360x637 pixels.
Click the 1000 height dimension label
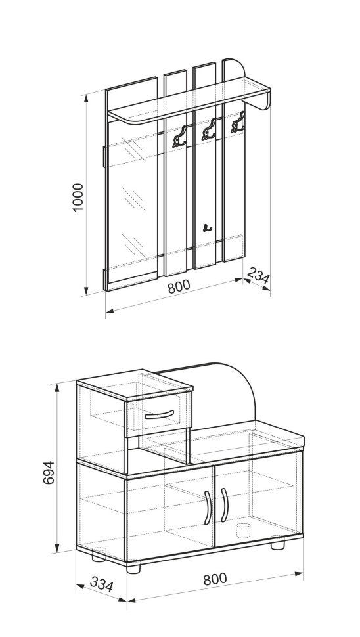(x=78, y=197)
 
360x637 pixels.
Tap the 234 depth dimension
(x=258, y=276)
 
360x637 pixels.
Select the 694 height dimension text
(x=49, y=472)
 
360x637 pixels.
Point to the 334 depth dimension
(x=101, y=584)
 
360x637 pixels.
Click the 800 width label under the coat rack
(x=179, y=286)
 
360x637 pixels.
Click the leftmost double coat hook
(x=179, y=137)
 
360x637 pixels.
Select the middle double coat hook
(x=209, y=129)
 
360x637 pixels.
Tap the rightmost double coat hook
(x=238, y=122)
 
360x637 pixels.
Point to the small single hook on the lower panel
(x=207, y=228)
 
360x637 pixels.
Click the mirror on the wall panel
(x=132, y=199)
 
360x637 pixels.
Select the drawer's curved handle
(x=159, y=415)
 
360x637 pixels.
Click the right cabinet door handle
(x=224, y=504)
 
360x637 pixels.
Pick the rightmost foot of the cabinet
(x=278, y=542)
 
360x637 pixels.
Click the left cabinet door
(x=171, y=514)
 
